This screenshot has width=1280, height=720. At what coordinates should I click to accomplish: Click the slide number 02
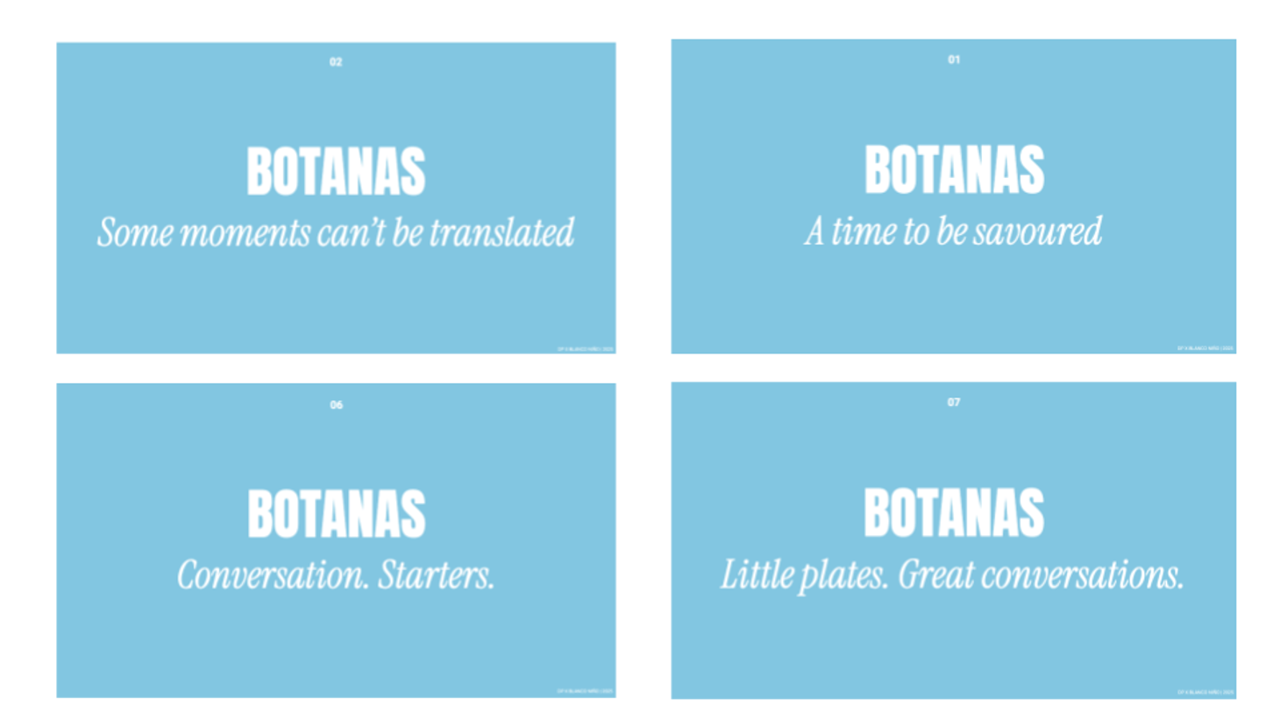pyautogui.click(x=336, y=62)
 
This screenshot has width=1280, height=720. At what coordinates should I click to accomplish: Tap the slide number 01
pyautogui.click(x=954, y=60)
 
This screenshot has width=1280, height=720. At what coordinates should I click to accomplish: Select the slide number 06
pyautogui.click(x=336, y=405)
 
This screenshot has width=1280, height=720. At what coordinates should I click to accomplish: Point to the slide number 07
pyautogui.click(x=954, y=403)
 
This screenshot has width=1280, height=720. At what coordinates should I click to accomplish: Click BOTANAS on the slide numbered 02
pyautogui.click(x=336, y=172)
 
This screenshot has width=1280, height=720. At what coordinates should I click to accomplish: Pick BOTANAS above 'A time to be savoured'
pyautogui.click(x=954, y=170)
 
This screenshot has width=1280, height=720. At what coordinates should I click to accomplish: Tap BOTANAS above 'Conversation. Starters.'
pyautogui.click(x=336, y=515)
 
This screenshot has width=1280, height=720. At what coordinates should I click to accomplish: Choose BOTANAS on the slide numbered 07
pyautogui.click(x=954, y=513)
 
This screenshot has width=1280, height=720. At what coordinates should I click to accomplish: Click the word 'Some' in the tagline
pyautogui.click(x=130, y=233)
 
